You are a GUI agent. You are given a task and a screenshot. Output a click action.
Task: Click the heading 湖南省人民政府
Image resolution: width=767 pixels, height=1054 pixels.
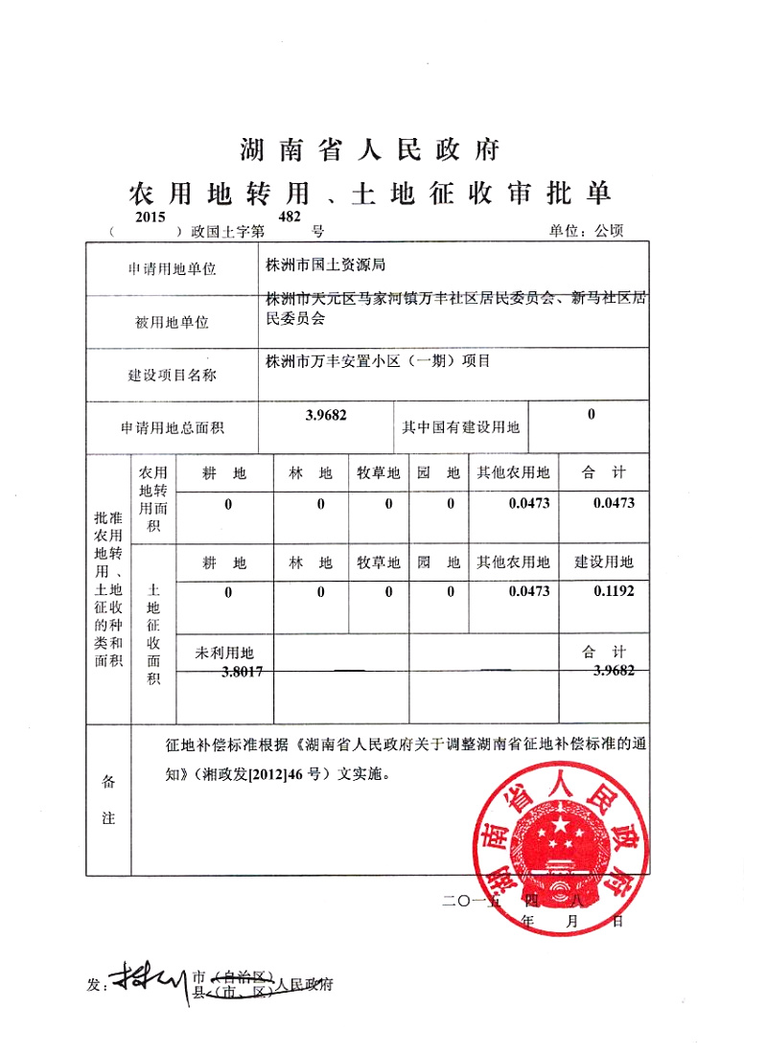(369, 150)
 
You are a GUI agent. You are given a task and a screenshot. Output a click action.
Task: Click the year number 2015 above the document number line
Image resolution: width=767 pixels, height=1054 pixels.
(151, 218)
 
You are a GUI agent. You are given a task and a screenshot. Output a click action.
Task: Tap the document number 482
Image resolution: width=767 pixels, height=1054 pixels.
(290, 218)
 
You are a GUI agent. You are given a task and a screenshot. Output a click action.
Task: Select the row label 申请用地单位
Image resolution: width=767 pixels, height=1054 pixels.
(173, 269)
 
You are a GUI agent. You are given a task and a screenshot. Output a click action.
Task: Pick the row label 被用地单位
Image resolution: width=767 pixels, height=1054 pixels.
(173, 323)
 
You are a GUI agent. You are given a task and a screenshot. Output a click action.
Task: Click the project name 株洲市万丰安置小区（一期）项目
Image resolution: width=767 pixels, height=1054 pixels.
(379, 361)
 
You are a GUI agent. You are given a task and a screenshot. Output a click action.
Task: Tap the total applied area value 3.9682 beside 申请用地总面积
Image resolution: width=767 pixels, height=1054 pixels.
(326, 415)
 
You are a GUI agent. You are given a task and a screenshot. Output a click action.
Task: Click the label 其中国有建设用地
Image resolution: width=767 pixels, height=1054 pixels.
(460, 427)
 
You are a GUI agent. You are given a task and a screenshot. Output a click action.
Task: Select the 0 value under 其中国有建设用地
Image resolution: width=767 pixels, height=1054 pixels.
(591, 415)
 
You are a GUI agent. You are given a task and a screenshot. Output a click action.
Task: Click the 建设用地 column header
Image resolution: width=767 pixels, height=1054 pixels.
(604, 561)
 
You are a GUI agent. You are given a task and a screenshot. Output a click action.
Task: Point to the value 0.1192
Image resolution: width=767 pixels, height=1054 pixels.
(614, 592)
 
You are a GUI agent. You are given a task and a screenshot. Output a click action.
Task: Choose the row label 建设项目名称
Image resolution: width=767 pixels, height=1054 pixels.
(173, 376)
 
